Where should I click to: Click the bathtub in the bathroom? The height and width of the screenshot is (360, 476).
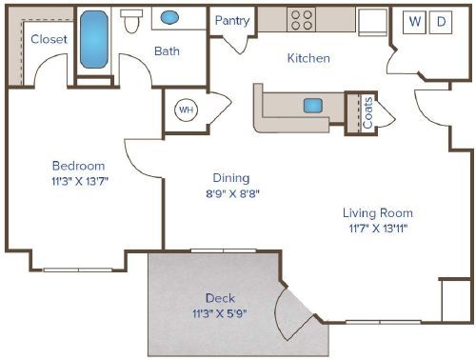(94, 41)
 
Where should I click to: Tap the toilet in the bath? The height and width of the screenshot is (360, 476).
(132, 21)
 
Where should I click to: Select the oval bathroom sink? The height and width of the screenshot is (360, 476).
(169, 18)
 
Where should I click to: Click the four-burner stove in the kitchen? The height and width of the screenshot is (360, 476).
(302, 20)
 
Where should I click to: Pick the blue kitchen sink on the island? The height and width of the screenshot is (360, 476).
(313, 105)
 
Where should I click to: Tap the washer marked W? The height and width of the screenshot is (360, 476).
(414, 21)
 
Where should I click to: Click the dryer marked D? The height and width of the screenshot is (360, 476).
(441, 21)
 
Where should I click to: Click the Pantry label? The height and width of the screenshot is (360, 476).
(232, 21)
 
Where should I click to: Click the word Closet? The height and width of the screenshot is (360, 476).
(47, 39)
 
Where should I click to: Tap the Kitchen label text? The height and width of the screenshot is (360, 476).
(308, 58)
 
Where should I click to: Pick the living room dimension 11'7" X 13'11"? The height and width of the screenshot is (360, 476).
(377, 229)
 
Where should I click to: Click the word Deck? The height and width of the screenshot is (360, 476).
(219, 296)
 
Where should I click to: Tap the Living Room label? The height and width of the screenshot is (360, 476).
(377, 213)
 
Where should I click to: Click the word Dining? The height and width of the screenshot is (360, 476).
(230, 177)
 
